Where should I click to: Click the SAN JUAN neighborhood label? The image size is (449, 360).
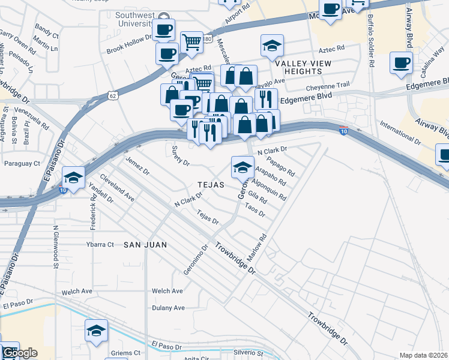coord(145,245)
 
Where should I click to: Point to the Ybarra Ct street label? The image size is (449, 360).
coord(99,244)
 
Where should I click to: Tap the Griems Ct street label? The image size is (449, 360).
coord(125,353)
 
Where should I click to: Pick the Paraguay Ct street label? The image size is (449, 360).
coord(22,163)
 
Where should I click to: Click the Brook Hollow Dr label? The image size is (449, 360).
coord(128,52)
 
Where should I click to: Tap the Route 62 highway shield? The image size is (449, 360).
coord(113,95)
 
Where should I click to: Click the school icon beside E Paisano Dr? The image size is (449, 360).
coord(73,177)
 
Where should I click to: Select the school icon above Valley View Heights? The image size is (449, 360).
coord(272,46)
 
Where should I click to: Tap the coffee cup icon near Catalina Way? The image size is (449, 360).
coord(401,62)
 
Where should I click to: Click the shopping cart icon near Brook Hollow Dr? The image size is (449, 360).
coord(191,42)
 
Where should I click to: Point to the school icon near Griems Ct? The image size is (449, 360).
coord(96,331)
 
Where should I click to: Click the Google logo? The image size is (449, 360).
coord(19,353)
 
